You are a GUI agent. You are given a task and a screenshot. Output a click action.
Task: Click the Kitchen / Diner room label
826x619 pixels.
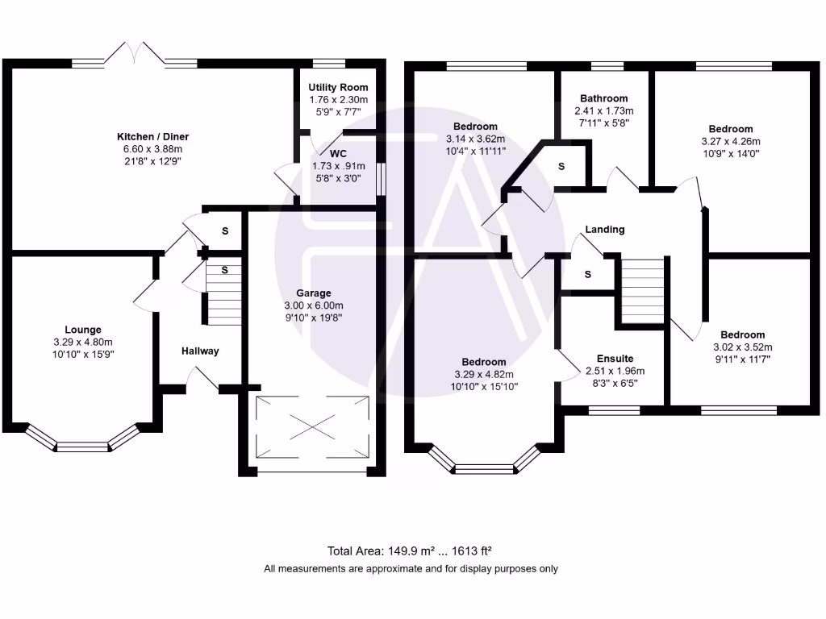click(x=152, y=137)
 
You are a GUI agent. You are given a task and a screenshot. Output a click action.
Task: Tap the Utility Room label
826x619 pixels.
click(x=339, y=87)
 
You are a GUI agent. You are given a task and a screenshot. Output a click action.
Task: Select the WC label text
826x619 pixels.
click(x=338, y=152)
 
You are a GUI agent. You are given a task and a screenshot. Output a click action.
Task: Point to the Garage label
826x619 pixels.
click(x=313, y=293)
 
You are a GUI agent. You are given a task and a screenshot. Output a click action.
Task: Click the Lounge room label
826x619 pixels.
click(x=83, y=330)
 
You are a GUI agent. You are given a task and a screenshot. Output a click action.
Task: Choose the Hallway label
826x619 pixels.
click(x=199, y=351)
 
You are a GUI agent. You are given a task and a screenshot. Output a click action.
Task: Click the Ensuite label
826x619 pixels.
click(x=615, y=359)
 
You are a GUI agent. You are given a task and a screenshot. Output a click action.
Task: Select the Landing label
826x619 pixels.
click(x=604, y=230)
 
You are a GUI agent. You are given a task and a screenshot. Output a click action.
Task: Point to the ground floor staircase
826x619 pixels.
click(x=223, y=295)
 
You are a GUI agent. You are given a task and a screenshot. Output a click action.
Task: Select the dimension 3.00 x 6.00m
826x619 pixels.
click(x=313, y=305)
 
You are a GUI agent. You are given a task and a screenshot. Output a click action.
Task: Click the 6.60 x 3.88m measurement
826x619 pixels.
click(x=152, y=149)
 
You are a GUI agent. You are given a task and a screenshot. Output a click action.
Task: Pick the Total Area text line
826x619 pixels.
click(x=410, y=551)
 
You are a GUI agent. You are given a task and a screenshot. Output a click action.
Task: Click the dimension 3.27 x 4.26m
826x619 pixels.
click(x=731, y=141)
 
